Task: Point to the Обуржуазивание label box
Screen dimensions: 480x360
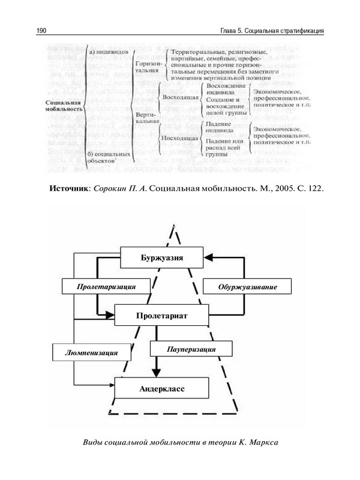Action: click(x=247, y=287)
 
